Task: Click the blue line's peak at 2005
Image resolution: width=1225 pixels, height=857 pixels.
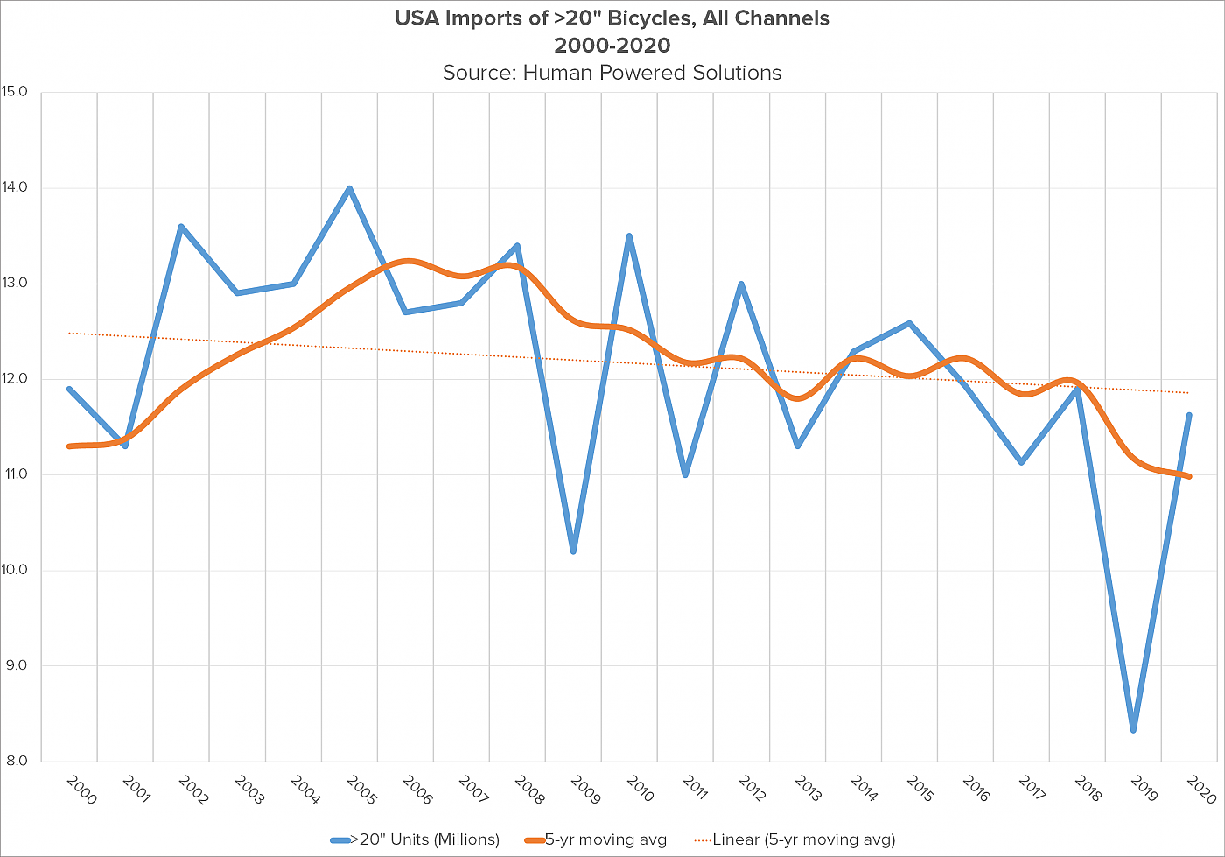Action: (349, 188)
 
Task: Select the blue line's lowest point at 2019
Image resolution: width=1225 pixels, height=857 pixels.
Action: (1133, 730)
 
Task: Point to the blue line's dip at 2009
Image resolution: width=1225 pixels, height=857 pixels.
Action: (573, 551)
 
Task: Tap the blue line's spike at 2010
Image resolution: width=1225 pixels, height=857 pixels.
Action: (629, 235)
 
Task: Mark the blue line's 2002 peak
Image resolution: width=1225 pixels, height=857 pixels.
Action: (181, 227)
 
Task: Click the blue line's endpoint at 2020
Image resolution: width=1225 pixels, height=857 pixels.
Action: (1189, 415)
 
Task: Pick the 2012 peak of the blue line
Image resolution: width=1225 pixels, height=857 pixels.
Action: (741, 284)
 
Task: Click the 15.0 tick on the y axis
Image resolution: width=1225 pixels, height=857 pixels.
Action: (16, 92)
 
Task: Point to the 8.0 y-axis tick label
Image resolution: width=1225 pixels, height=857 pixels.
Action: (17, 762)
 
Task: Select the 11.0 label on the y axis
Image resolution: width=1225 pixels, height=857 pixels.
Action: (17, 474)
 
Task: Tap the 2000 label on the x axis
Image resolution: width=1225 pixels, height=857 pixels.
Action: (80, 790)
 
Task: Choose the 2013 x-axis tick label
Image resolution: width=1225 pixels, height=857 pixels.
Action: (808, 790)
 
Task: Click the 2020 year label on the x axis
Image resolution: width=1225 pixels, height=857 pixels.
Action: (1200, 790)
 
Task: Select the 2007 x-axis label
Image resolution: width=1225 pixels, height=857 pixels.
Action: (472, 790)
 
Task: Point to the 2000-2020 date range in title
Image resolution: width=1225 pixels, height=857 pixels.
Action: (612, 46)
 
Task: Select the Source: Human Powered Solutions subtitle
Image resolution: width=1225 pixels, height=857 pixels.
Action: (612, 73)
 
